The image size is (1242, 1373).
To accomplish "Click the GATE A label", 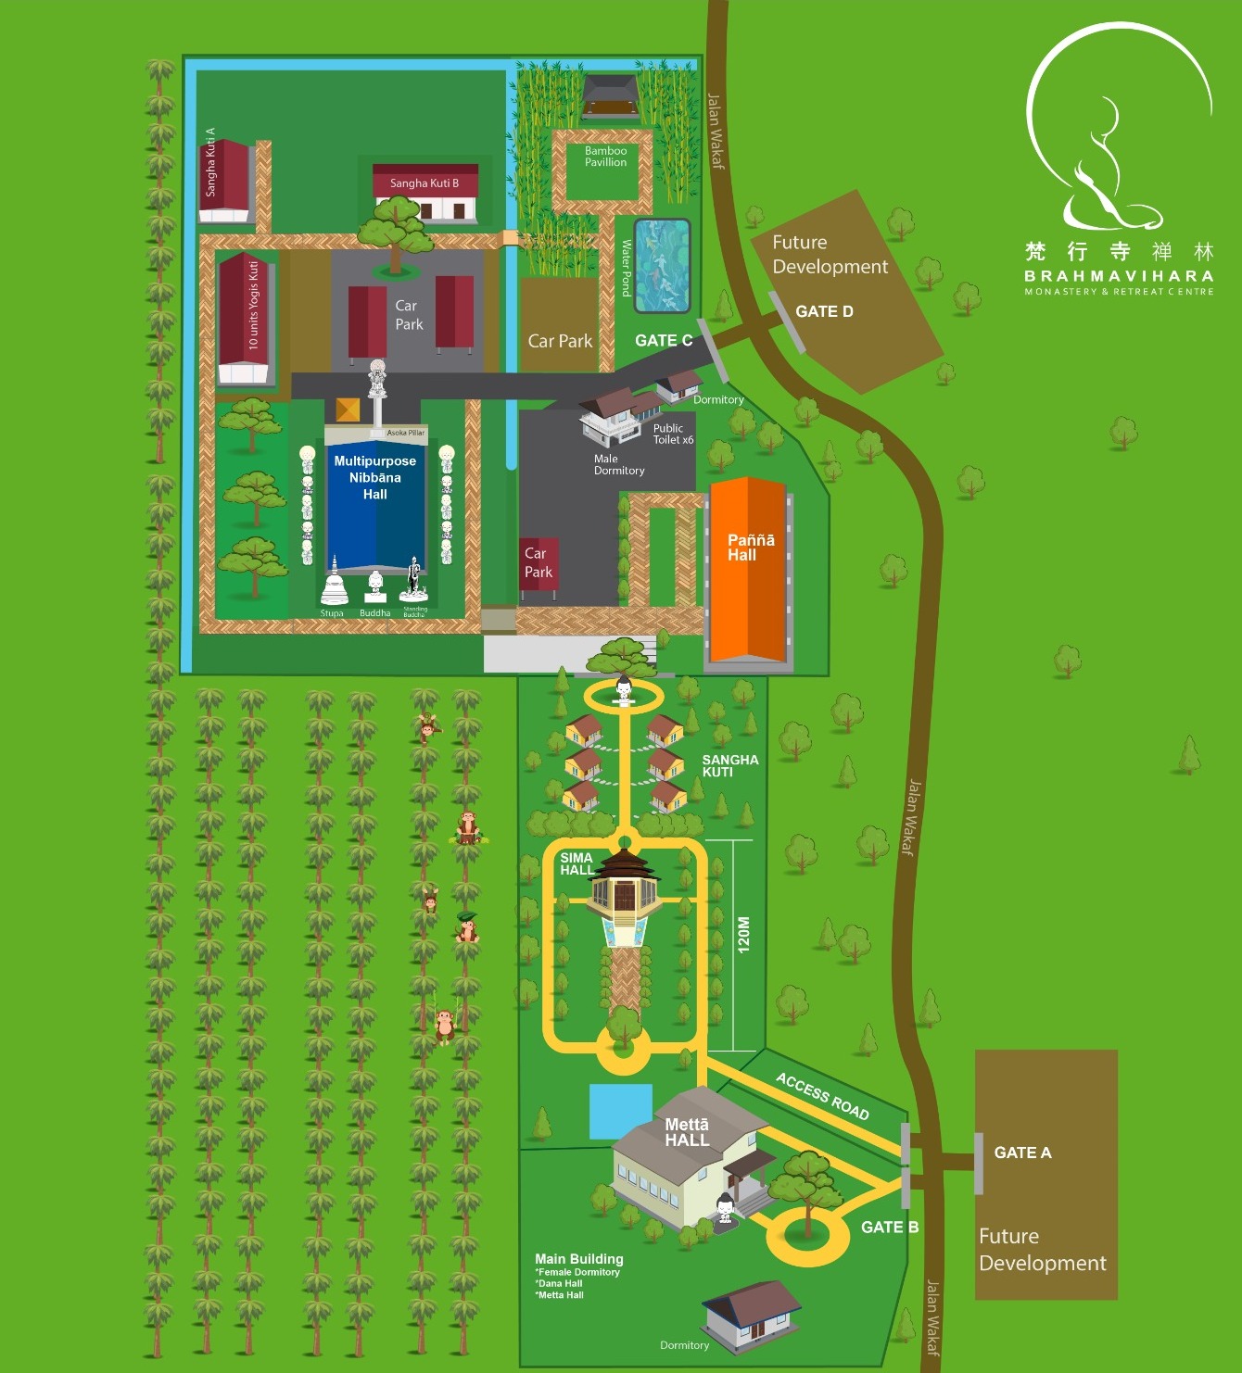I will click(1022, 1153).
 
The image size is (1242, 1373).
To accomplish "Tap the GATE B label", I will click(889, 1227).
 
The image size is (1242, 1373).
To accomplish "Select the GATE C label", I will click(664, 340).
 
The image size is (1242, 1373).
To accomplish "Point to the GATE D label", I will click(824, 311).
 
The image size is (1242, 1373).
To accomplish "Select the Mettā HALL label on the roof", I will click(687, 1132).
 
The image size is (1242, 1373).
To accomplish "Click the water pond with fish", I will click(662, 266).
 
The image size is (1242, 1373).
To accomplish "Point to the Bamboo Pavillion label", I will click(605, 157).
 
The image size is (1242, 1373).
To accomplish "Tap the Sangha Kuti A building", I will click(225, 181).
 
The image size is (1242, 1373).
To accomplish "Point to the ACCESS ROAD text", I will click(822, 1096).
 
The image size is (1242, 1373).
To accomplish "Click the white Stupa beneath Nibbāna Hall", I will click(334, 586).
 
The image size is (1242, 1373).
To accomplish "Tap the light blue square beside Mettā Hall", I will click(620, 1110).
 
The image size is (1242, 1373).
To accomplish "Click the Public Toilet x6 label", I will click(673, 434).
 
